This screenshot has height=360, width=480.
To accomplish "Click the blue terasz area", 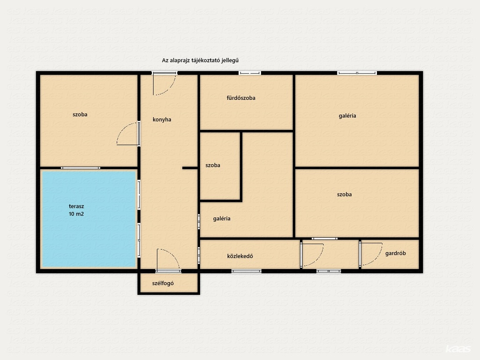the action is pyautogui.click(x=89, y=219).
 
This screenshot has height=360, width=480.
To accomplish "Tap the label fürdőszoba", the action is pyautogui.click(x=241, y=98).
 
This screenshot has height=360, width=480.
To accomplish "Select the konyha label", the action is pyautogui.click(x=162, y=120).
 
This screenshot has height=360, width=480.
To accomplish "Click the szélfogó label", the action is pyautogui.click(x=163, y=283).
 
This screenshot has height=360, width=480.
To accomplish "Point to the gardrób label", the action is pyautogui.click(x=396, y=253).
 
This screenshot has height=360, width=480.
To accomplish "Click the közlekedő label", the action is pyautogui.click(x=240, y=256).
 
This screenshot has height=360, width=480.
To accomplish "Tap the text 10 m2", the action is pyautogui.click(x=76, y=214).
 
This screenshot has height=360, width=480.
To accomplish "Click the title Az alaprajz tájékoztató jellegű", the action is pyautogui.click(x=200, y=60).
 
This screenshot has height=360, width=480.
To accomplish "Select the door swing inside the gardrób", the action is pyautogui.click(x=372, y=254).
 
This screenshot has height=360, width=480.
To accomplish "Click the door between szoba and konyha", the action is pyautogui.click(x=128, y=134).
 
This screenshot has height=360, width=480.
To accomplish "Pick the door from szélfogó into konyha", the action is pyautogui.click(x=168, y=260).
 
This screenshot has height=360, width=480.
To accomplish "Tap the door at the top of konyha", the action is pyautogui.click(x=165, y=84).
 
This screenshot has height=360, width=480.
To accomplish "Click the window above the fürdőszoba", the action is pyautogui.click(x=250, y=73).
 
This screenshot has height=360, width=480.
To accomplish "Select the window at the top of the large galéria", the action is pyautogui.click(x=357, y=73).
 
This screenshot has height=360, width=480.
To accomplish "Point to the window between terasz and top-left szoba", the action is pyautogui.click(x=81, y=168).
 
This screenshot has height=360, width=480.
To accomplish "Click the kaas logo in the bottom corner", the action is pyautogui.click(x=458, y=349).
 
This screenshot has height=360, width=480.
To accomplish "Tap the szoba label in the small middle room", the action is pyautogui.click(x=213, y=165).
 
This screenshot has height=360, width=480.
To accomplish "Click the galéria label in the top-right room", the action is pyautogui.click(x=347, y=116).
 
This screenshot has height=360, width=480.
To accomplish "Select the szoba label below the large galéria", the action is pyautogui.click(x=345, y=195).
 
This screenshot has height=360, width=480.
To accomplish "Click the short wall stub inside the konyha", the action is pyautogui.click(x=190, y=168).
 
